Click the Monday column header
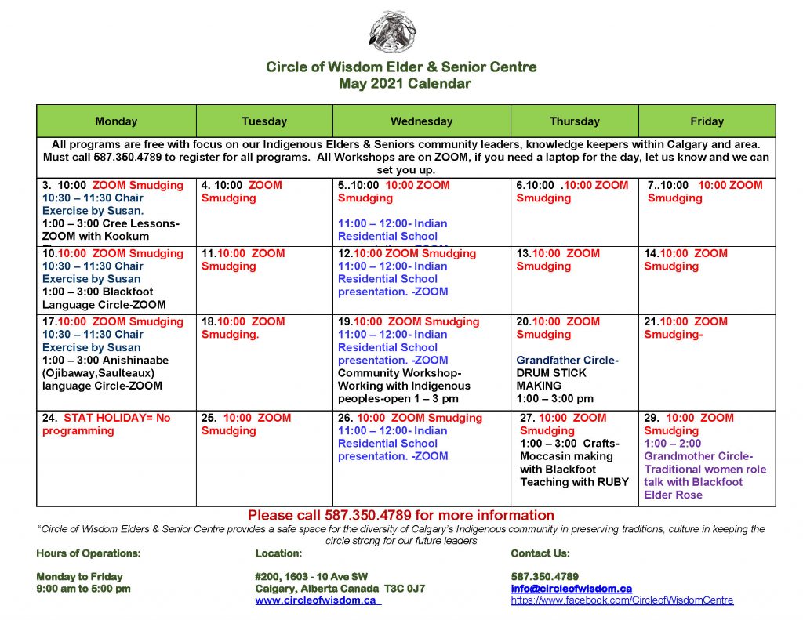click(x=116, y=121)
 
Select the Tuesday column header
click(x=264, y=121)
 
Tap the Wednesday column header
click(x=421, y=121)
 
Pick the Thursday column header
click(x=574, y=121)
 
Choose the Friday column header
click(x=707, y=121)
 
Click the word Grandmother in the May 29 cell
click(x=679, y=456)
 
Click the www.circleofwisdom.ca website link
click(x=316, y=600)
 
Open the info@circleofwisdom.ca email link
click(x=571, y=588)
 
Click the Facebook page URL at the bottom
click(x=622, y=600)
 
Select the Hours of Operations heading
click(x=89, y=553)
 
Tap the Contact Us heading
click(x=540, y=553)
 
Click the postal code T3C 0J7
click(x=405, y=588)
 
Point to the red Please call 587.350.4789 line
click(x=401, y=515)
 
